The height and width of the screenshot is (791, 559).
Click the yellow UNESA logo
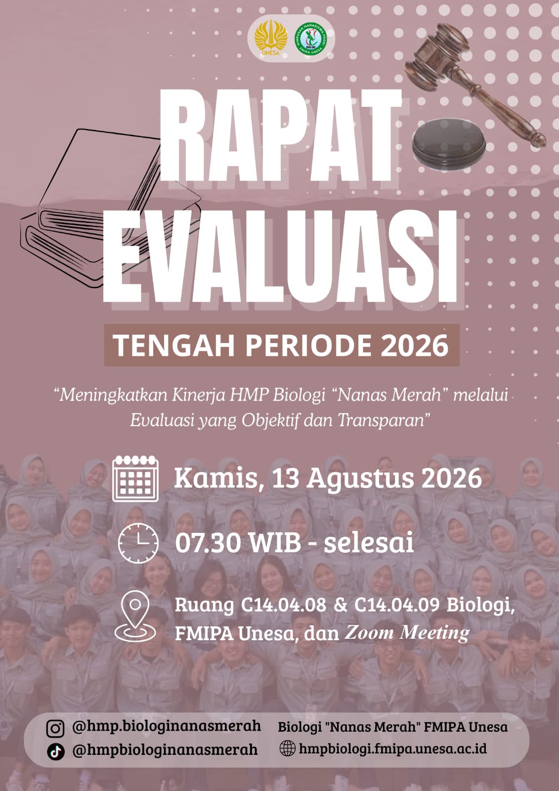[x=271, y=38]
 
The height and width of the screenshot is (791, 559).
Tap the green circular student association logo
[x=311, y=39]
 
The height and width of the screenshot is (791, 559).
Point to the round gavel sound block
[x=449, y=144]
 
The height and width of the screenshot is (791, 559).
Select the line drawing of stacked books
[x=110, y=208]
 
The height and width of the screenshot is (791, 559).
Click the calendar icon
[x=135, y=479]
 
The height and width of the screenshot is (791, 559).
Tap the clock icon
[x=138, y=543]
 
